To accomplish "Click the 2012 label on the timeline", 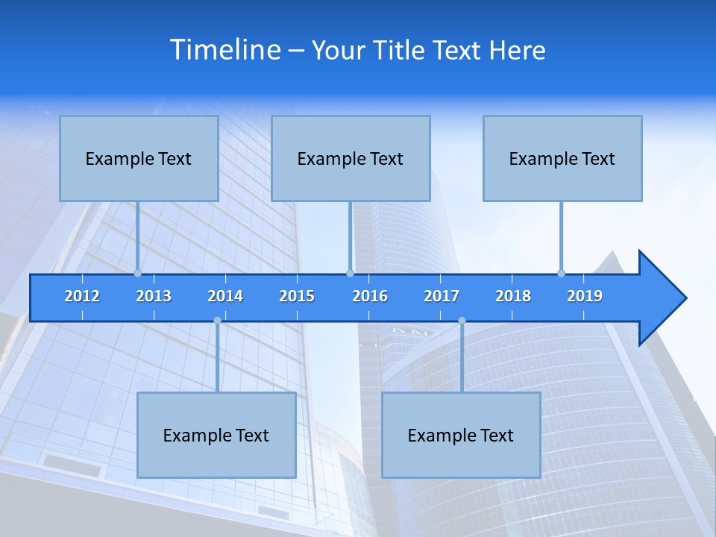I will point(82,296).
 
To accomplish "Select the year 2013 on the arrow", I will point(154,296).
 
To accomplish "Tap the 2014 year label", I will point(225,296).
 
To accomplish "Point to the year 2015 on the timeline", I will point(297,296).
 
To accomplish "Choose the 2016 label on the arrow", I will point(370,296).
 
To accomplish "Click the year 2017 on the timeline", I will point(442,296).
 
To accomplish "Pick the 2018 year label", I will point(513,296).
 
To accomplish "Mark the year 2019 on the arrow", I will point(585,296).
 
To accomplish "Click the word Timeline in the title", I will point(226,50).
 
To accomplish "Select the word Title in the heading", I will point(399,50).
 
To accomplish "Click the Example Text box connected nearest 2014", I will point(216,435).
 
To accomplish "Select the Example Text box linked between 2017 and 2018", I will point(461,435).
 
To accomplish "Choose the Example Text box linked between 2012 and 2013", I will point(139,158).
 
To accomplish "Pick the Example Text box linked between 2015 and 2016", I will point(351,158).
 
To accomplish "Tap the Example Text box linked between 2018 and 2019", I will point(562,158).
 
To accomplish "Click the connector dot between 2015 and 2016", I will point(351,273).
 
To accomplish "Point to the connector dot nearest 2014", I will point(217,321).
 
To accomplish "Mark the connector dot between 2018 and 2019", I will point(562,273).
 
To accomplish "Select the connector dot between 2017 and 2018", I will point(462,321).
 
